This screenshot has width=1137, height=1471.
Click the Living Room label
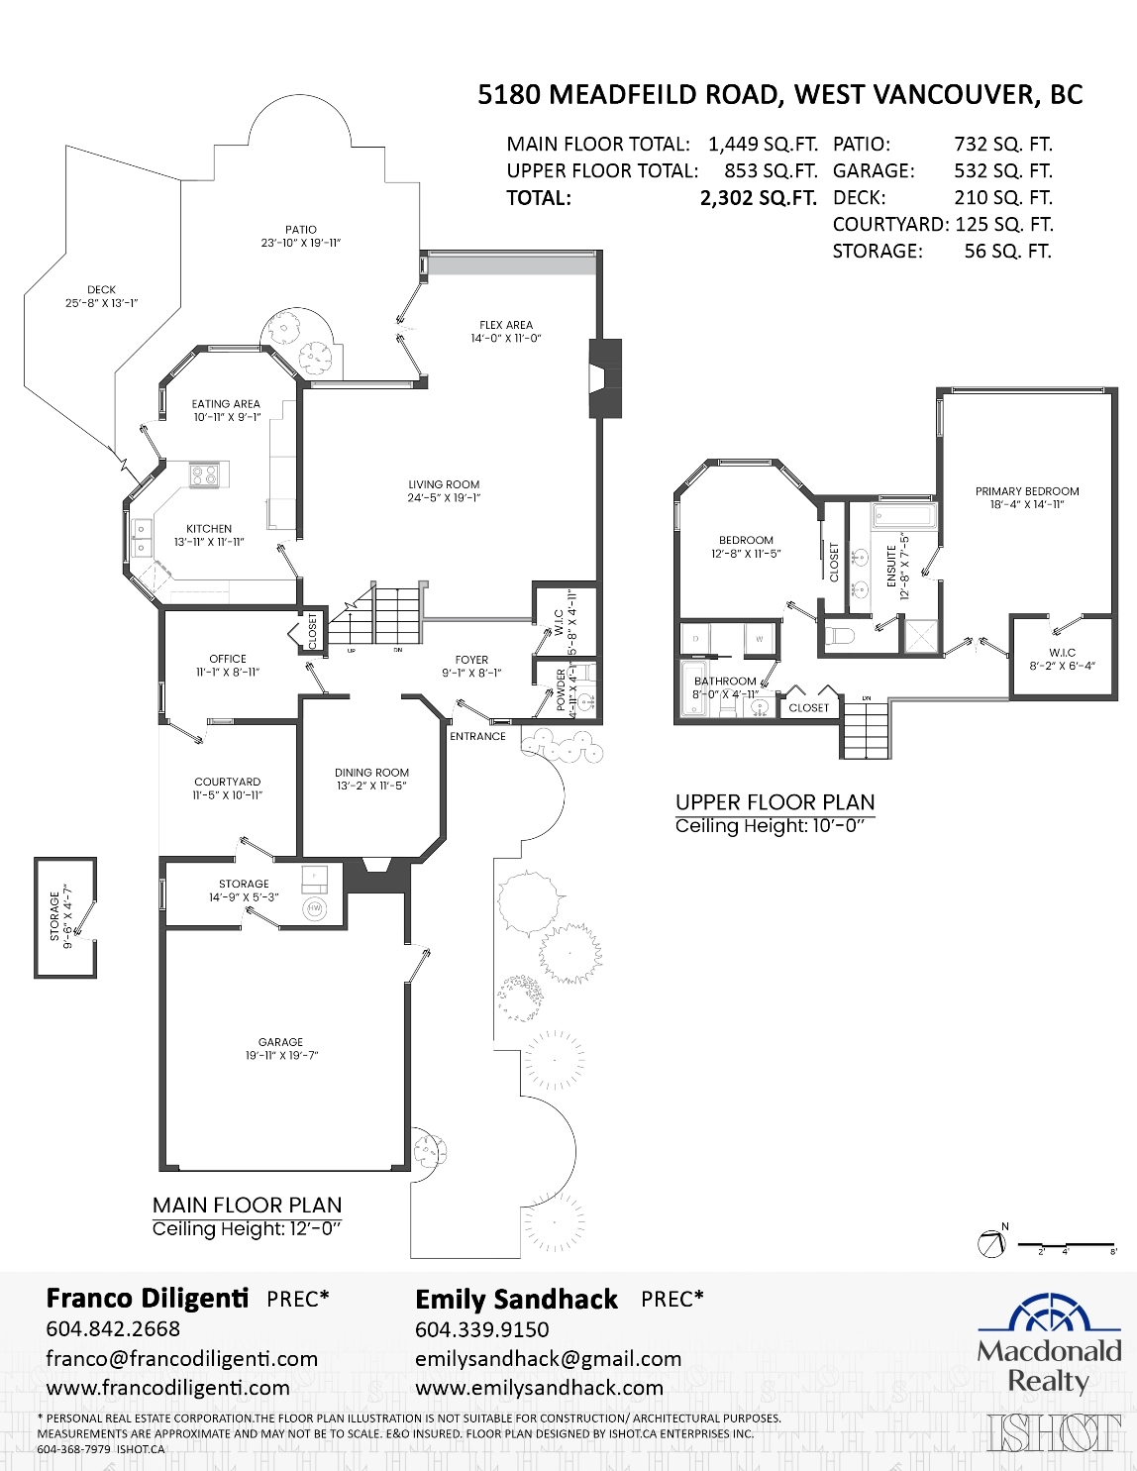[444, 484]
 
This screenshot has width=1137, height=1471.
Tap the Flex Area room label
[505, 325]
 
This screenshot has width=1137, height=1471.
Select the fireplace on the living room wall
[604, 378]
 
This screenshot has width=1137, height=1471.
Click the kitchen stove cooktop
[205, 475]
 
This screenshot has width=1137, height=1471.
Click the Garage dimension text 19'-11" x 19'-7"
[281, 1056]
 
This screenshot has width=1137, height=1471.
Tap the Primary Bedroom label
[1027, 491]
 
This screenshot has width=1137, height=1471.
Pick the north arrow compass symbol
[990, 1244]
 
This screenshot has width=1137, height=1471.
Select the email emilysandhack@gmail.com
[548, 1359]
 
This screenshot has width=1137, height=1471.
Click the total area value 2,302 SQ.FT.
[758, 198]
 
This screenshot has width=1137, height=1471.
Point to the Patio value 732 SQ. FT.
[1002, 145]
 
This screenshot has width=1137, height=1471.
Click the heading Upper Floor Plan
[775, 802]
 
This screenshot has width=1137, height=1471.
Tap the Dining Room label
[371, 773]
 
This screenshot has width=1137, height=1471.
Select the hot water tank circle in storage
[316, 908]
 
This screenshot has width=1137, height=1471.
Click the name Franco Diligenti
[148, 1299]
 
